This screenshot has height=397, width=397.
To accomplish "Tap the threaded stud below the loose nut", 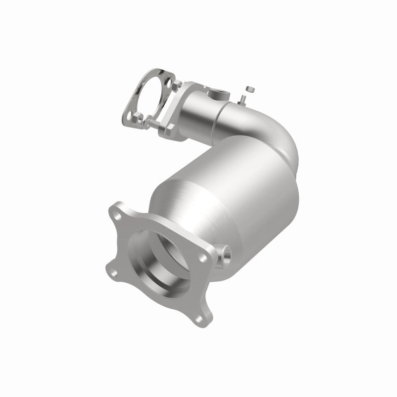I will [x=245, y=100].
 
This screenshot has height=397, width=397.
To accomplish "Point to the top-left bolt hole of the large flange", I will [x=118, y=216].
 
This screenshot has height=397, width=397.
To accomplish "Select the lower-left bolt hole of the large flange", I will [x=113, y=272].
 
